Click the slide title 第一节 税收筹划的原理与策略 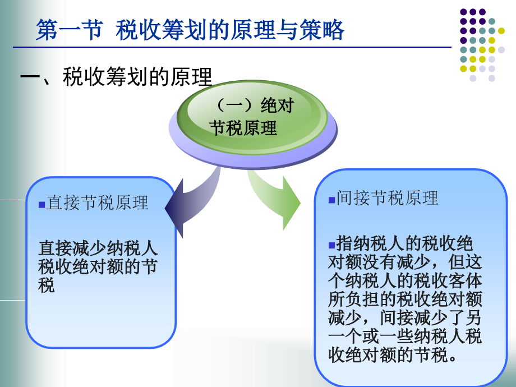point(190,30)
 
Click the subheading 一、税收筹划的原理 point(116,77)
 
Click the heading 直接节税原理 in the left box point(98,202)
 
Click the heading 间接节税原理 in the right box point(387,198)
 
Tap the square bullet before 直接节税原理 point(42,205)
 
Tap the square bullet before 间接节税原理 point(331,200)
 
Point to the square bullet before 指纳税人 point(331,245)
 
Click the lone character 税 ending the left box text point(46,285)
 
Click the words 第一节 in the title point(70,30)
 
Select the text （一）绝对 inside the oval point(253,105)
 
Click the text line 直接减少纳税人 point(98,248)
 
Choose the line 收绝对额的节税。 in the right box point(392,354)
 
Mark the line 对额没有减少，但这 point(405,262)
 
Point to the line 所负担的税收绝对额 point(405,299)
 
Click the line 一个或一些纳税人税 point(405,336)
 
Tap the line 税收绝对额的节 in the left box point(98,266)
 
